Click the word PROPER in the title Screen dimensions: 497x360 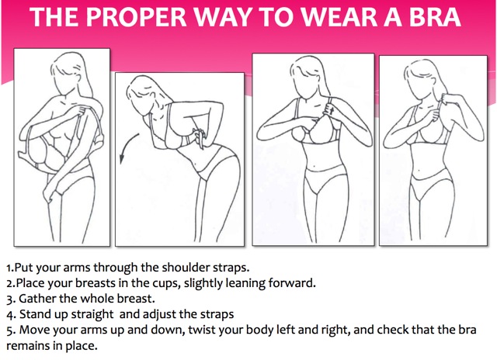pyautogui.click(x=137, y=16)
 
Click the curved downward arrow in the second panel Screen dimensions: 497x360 pyautogui.click(x=128, y=147)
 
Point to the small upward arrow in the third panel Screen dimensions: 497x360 pyautogui.click(x=332, y=110)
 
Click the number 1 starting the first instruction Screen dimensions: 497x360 pyautogui.click(x=9, y=268)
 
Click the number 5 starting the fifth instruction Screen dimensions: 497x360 pyautogui.click(x=9, y=331)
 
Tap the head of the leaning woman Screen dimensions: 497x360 pyautogui.click(x=143, y=93)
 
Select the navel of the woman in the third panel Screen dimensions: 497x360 pyautogui.click(x=314, y=165)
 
